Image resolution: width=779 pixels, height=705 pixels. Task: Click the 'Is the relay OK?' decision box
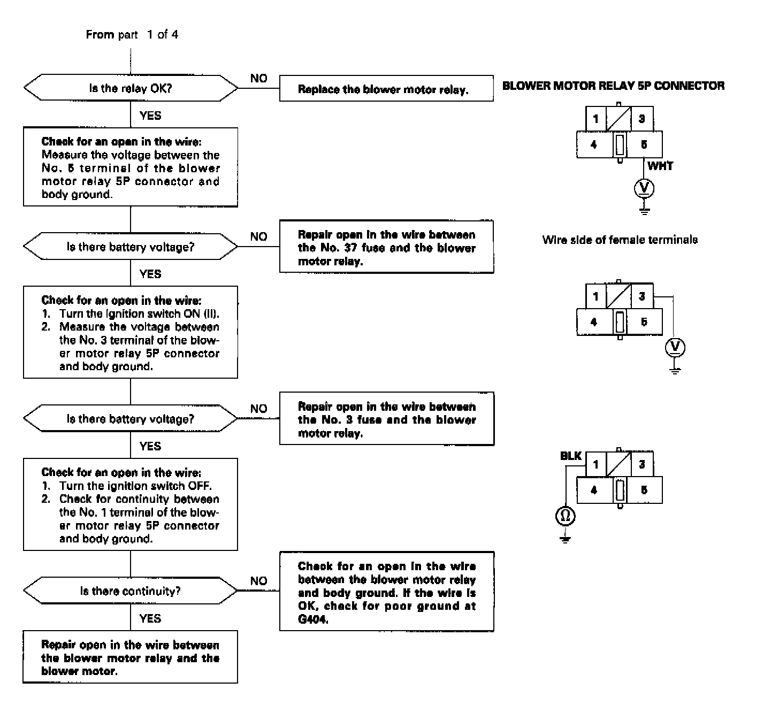[131, 88]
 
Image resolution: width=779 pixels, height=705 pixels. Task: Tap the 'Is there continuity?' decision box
[131, 591]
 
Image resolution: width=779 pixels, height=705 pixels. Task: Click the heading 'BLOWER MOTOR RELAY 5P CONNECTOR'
[613, 86]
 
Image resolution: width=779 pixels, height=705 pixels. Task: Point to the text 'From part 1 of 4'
[132, 35]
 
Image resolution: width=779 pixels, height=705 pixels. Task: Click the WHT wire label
[660, 166]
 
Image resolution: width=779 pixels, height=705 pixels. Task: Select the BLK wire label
[570, 456]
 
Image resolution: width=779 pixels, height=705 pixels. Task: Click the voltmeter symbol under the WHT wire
[644, 188]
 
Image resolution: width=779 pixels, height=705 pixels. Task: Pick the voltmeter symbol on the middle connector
[675, 348]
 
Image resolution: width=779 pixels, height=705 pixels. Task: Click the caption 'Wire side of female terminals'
[620, 240]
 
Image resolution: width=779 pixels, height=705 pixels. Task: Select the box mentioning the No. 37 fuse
[386, 248]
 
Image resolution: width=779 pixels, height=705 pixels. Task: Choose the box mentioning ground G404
[386, 592]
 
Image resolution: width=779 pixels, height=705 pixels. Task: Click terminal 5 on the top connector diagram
[644, 144]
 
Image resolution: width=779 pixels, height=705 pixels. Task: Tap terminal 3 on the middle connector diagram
[641, 296]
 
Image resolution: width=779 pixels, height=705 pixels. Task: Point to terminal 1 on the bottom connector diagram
[595, 464]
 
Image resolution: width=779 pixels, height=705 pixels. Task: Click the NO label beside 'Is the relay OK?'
[258, 79]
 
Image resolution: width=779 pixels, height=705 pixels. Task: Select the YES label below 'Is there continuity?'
[150, 618]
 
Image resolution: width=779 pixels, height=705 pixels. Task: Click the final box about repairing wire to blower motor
[131, 657]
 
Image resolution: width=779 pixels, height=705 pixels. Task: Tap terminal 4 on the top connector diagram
[594, 144]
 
